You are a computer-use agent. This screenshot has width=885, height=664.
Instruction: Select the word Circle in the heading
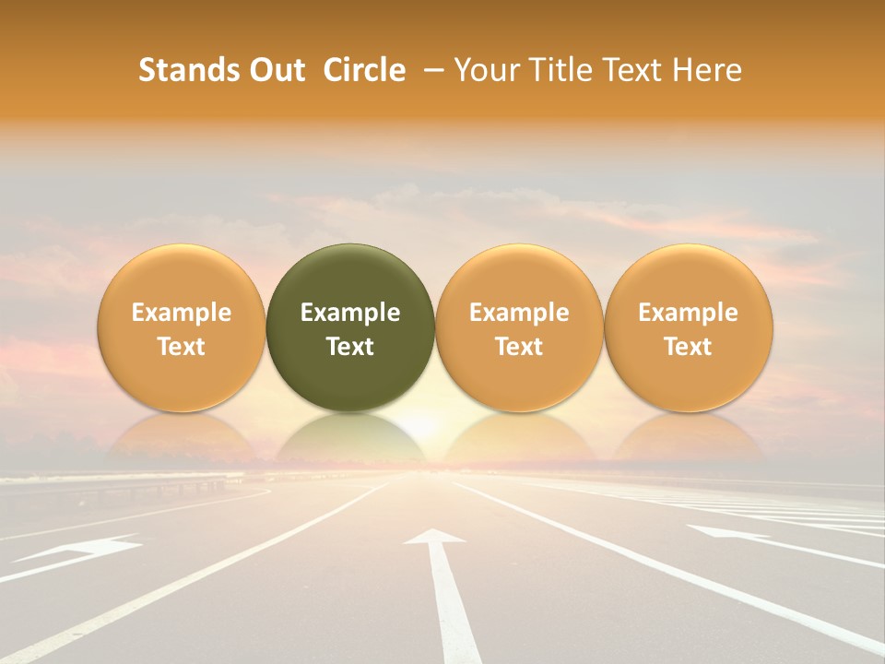(364, 70)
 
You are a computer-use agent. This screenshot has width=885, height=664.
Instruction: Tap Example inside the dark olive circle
(350, 313)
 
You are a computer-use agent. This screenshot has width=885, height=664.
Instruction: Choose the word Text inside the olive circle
(350, 347)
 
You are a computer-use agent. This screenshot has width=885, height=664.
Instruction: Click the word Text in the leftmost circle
(181, 347)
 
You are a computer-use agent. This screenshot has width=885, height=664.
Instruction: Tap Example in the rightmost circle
(688, 313)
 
